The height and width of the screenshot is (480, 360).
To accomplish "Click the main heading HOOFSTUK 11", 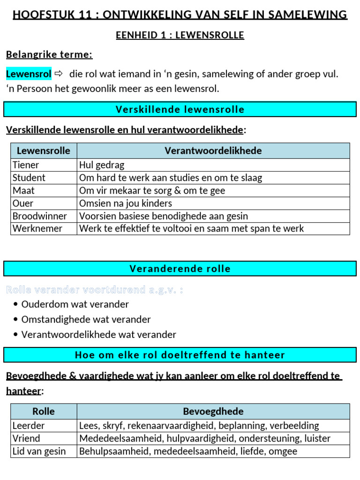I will pos(180,15).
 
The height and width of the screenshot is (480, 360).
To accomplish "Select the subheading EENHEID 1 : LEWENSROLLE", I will pos(180,36).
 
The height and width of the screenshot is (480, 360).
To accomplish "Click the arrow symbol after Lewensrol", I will pos(59,74).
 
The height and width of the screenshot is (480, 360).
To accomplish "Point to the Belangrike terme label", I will pos(49,55).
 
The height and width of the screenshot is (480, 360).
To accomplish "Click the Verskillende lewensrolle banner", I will pos(180,110).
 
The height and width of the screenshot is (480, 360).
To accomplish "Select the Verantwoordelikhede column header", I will pos(213,150).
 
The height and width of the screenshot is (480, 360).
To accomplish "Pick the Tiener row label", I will pos(26,165).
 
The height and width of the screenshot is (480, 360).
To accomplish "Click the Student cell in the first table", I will pos(29,178).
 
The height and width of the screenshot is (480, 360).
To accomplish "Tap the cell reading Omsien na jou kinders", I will pos(126,203).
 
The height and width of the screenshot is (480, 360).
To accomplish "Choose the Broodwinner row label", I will pos(40,216).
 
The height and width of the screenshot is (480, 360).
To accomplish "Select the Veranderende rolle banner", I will pos(180,269).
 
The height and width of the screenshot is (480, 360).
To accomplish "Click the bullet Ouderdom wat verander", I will pos(75,304).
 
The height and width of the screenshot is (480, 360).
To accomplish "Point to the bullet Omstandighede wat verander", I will pos(86,320).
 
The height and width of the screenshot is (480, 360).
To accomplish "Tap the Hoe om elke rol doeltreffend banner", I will pos(180,355).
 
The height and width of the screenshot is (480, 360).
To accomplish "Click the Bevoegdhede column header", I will pos(213,412).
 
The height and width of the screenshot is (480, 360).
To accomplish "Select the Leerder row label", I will pos(29,426).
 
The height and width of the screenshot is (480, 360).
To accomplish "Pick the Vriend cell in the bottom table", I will pos(26,438).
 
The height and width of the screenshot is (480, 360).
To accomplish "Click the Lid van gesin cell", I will pos(39,451).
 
